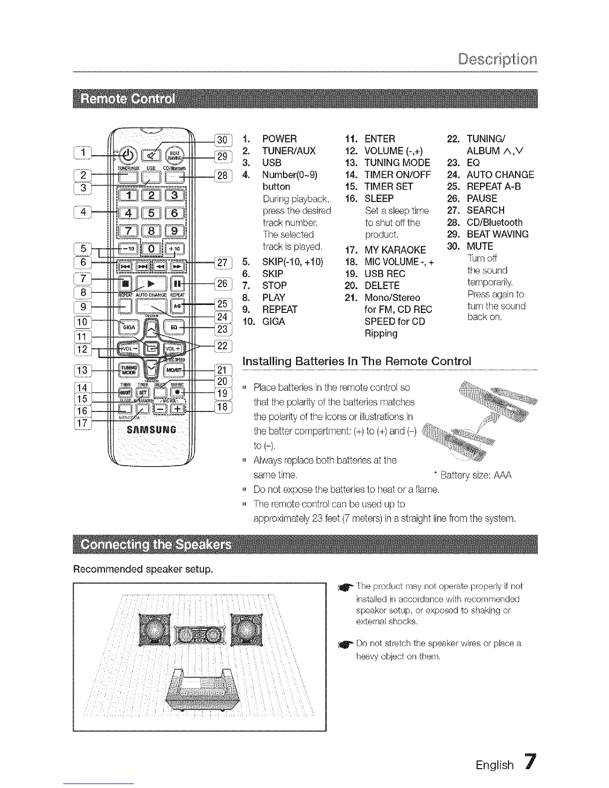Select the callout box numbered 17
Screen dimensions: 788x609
click(x=83, y=423)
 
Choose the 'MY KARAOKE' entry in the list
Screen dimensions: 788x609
click(x=395, y=250)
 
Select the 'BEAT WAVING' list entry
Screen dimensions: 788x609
click(x=497, y=234)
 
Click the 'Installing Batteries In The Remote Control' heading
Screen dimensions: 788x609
click(x=356, y=361)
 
